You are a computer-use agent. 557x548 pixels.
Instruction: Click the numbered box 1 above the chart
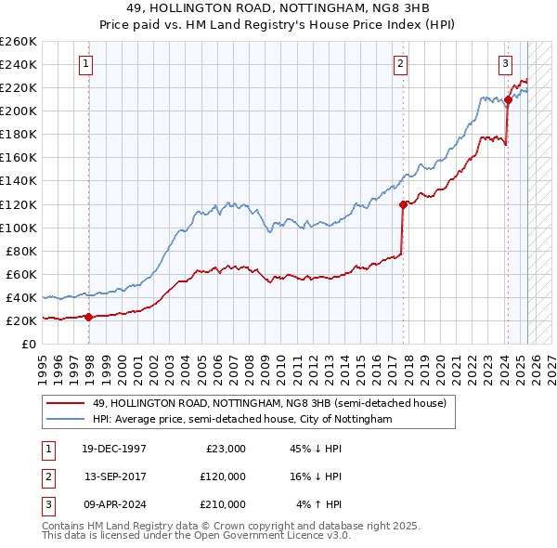click(85, 64)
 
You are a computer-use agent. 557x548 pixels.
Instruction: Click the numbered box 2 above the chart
click(400, 64)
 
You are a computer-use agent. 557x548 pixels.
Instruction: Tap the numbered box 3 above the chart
click(505, 64)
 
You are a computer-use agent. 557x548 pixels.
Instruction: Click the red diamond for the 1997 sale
click(89, 317)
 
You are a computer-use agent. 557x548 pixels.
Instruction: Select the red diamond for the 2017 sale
click(403, 204)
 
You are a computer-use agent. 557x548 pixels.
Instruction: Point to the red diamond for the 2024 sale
click(508, 99)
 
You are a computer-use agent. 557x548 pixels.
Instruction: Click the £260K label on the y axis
click(18, 42)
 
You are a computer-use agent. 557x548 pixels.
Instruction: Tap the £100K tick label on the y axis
click(18, 228)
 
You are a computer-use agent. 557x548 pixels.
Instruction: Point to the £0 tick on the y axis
click(29, 344)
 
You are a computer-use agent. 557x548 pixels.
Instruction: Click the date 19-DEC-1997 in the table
click(114, 449)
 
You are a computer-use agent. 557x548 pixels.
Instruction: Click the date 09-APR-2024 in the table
click(114, 504)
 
